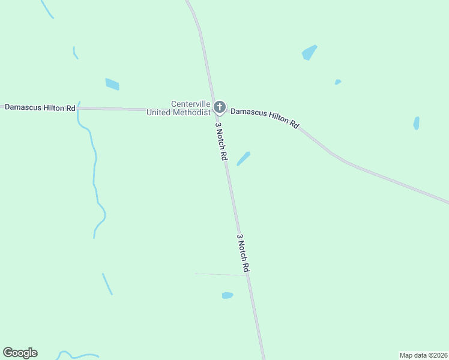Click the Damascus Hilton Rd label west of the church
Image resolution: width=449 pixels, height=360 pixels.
click(x=40, y=107)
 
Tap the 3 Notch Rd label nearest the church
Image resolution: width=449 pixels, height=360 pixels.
click(x=221, y=142)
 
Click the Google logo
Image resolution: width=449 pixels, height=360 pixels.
click(x=20, y=353)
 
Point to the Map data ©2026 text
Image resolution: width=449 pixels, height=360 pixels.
click(x=424, y=355)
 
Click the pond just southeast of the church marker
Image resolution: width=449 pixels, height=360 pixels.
click(x=243, y=158)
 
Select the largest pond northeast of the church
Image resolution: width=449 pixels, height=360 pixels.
click(x=309, y=53)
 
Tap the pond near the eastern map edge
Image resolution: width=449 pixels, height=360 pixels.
click(x=416, y=123)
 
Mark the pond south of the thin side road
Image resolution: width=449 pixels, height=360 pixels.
click(x=227, y=295)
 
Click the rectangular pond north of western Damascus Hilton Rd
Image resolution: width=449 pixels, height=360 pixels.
click(x=112, y=84)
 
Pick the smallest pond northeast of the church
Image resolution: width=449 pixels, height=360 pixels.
click(x=338, y=82)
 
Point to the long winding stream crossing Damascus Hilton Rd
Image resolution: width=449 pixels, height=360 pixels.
click(x=94, y=174)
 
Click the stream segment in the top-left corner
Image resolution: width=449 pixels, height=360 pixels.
click(x=46, y=9)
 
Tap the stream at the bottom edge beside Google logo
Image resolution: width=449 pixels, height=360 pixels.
click(x=78, y=356)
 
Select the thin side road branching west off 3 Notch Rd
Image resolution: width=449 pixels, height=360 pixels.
click(x=219, y=274)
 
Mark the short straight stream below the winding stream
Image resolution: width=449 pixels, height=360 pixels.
click(x=107, y=284)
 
